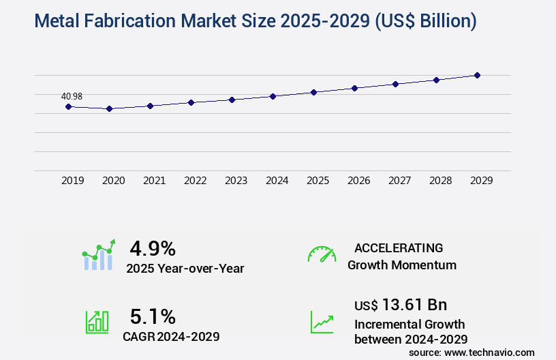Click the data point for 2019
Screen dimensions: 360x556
coord(68,106)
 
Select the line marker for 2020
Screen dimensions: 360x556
coord(109,108)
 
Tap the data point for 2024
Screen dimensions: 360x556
coord(273,96)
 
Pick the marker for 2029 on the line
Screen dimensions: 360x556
coord(478,75)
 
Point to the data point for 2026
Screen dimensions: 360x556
coord(354,88)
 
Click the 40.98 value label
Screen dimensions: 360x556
coord(72,96)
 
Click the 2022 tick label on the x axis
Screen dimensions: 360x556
coord(196,181)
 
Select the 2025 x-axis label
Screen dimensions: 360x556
coord(318,181)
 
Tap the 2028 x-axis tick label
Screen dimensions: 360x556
coord(441,181)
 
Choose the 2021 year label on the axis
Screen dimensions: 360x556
coord(155,181)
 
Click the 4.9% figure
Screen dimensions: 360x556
coord(153,248)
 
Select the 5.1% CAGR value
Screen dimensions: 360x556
coord(153,316)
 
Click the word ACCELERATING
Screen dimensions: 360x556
coord(399,248)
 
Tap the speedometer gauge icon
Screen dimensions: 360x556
coord(322,254)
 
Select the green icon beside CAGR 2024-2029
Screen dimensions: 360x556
coord(97,322)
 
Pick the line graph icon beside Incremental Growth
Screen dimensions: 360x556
coord(322,322)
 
